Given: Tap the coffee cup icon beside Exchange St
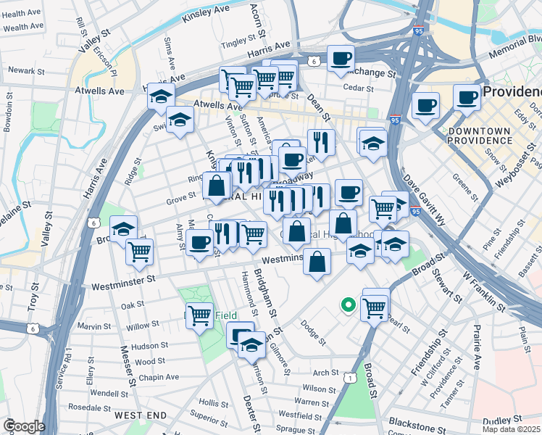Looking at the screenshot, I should (341, 58).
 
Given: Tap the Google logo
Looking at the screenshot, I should (24, 426).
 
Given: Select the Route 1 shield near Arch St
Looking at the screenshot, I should (351, 377).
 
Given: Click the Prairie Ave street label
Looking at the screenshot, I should (478, 349).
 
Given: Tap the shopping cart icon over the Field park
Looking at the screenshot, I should (199, 314).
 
